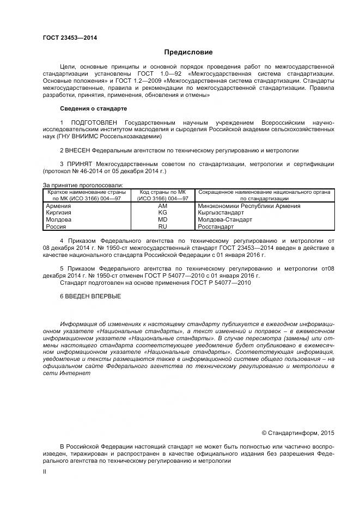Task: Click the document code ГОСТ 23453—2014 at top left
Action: pos(66,38)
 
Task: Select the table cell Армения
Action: pos(58,206)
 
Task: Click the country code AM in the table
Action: pos(162,206)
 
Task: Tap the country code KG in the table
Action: pos(162,213)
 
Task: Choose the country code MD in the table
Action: pos(162,219)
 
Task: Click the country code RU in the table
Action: pos(162,226)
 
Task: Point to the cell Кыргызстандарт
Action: pos(222,213)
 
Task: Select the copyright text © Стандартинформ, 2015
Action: pos(298,433)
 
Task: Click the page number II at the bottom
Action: pos(45,472)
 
